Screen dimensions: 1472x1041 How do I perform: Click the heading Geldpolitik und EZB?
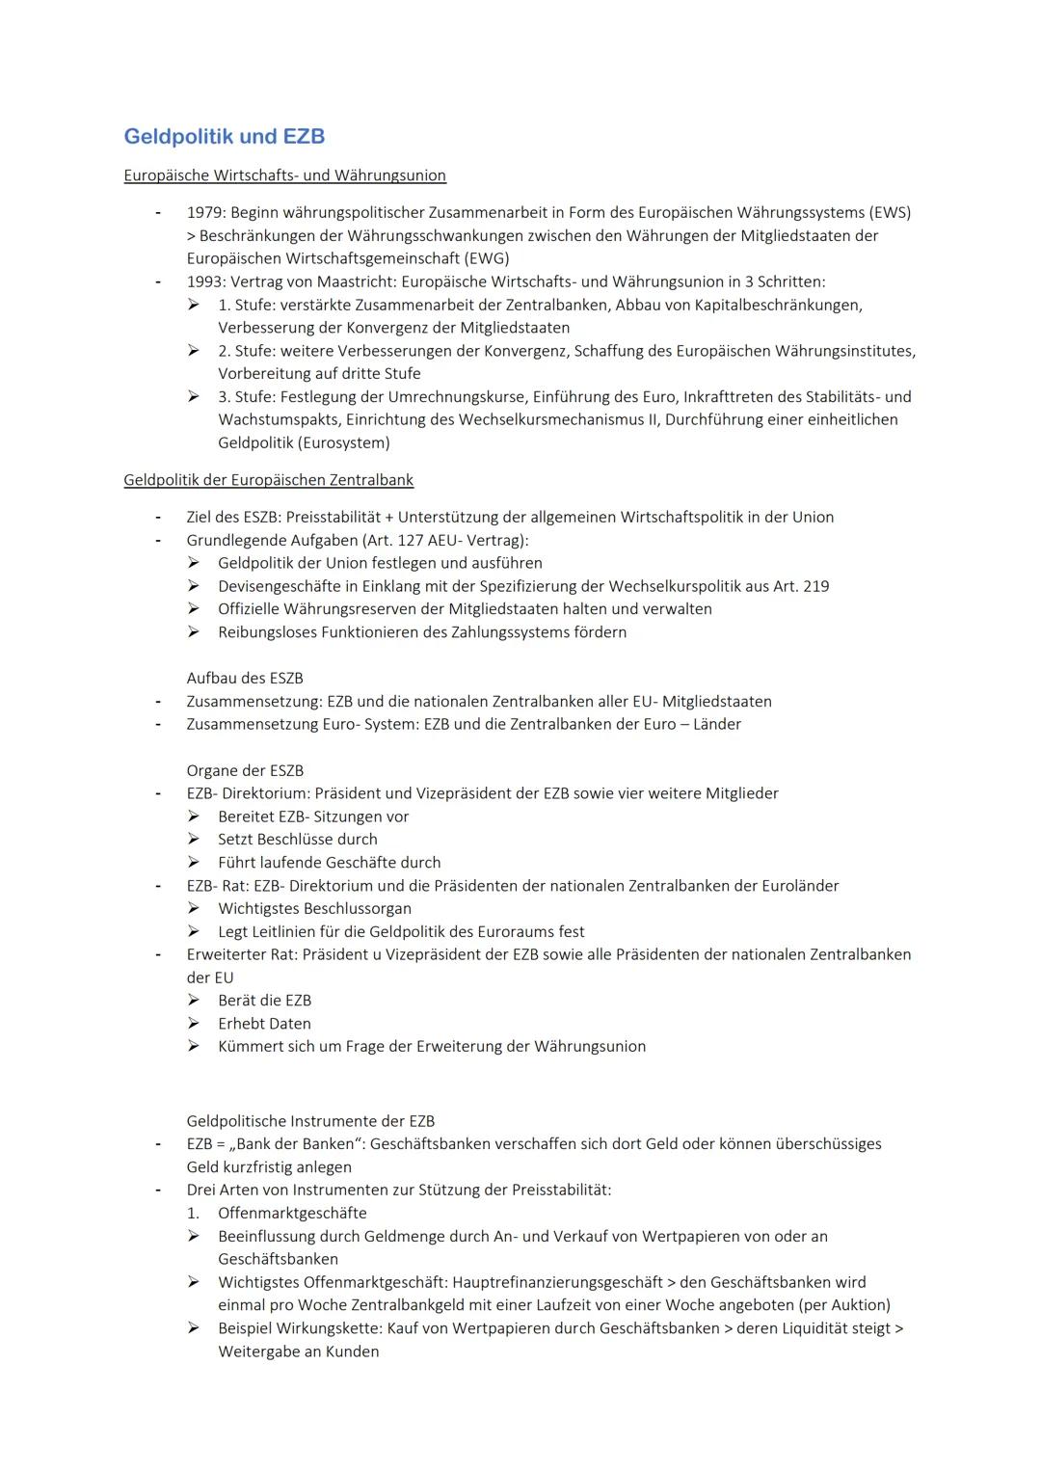(x=224, y=137)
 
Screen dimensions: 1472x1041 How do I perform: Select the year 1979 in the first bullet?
(x=205, y=212)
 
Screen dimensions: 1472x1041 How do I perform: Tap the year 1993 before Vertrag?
(x=205, y=281)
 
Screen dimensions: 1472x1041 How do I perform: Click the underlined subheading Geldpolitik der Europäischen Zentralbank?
(x=268, y=480)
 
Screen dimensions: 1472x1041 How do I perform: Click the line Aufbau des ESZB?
(x=245, y=678)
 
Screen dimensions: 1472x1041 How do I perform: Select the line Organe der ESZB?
(x=245, y=770)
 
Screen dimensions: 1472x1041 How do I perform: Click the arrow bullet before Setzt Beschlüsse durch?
(x=194, y=840)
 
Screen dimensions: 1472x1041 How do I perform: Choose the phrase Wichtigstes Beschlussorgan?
(x=314, y=908)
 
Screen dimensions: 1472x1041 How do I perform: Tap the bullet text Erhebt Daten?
(x=264, y=1024)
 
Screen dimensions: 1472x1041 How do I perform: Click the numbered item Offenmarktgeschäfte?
(x=292, y=1213)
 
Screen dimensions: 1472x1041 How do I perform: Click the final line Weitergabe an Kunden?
(x=298, y=1352)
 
